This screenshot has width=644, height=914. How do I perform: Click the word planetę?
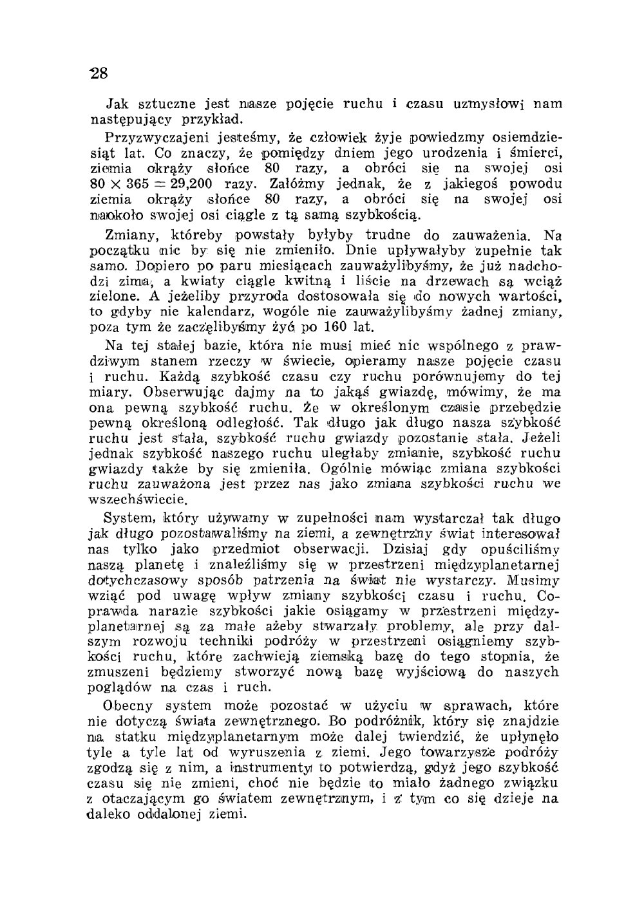click(x=162, y=566)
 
